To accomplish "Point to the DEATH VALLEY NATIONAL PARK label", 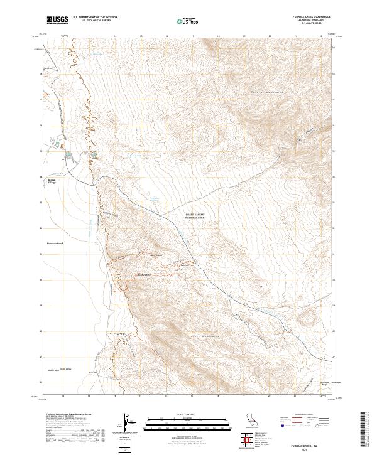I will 195,217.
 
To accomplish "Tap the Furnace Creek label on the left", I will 56,242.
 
